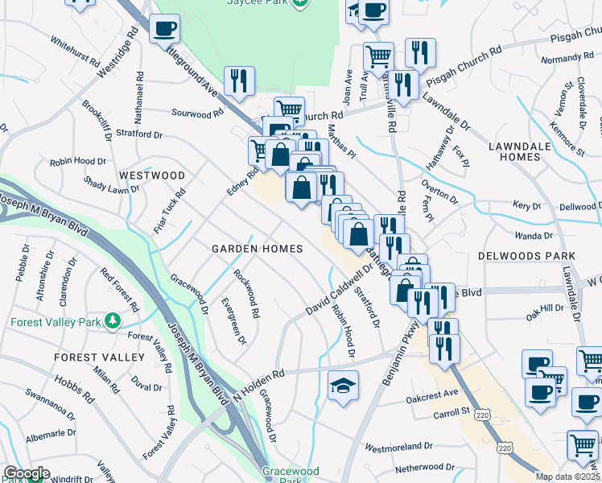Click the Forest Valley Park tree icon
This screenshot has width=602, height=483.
click(x=113, y=321)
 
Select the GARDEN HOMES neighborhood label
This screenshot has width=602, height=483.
click(x=257, y=249)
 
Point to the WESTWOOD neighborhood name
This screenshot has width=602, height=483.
click(x=151, y=175)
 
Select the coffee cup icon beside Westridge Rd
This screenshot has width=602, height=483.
click(x=164, y=29)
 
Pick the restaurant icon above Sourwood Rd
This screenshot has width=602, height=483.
click(x=238, y=80)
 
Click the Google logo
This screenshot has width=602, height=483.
click(x=26, y=473)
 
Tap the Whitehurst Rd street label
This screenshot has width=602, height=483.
click(x=74, y=51)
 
